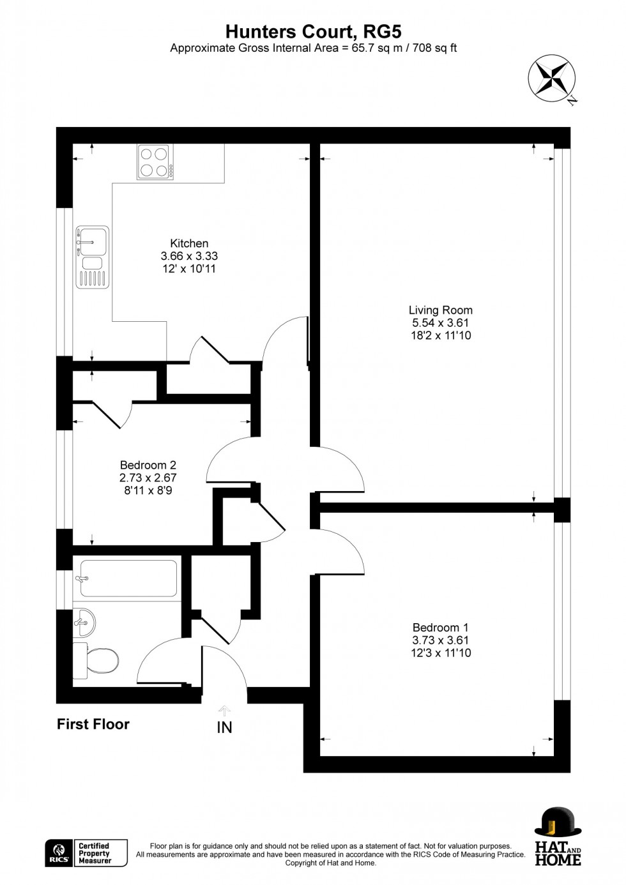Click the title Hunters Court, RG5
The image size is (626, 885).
tap(313, 31)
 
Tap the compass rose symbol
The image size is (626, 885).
tap(551, 79)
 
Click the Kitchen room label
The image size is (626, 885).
tap(189, 243)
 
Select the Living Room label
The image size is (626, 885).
tap(441, 310)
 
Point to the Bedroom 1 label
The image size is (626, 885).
tap(441, 628)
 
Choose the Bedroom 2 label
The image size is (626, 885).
tap(148, 465)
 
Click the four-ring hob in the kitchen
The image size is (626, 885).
tap(155, 162)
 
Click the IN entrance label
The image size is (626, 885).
tap(224, 727)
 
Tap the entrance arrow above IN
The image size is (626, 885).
tap(224, 710)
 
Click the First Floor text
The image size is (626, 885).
tap(93, 724)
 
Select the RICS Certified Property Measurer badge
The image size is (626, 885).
tap(86, 853)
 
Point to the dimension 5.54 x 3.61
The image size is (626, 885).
tap(441, 322)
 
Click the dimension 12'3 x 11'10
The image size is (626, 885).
tap(441, 653)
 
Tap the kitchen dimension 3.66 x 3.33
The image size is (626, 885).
tap(189, 256)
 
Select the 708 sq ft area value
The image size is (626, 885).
tap(434, 48)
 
